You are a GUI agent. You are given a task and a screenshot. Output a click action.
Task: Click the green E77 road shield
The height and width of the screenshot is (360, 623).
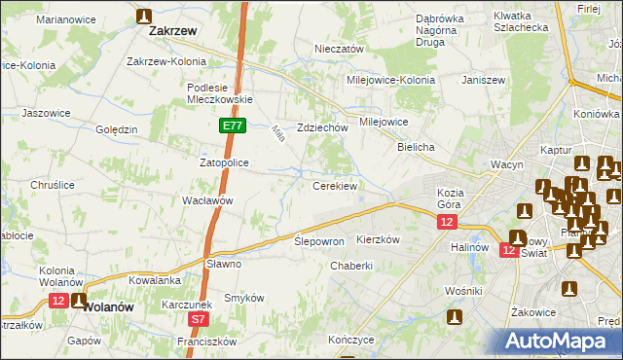232,126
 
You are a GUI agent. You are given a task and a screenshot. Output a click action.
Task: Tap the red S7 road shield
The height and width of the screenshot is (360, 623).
199,318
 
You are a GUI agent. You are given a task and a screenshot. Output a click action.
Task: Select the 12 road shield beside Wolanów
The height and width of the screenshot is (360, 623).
59,301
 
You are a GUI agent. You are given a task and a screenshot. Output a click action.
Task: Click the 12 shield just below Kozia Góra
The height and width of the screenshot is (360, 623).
446,223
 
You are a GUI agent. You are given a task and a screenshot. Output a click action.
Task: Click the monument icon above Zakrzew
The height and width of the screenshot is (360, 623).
144,16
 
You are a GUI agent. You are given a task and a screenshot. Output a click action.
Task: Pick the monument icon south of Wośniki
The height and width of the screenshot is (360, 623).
455,316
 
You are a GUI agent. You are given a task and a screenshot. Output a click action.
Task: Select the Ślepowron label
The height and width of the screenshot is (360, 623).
320,241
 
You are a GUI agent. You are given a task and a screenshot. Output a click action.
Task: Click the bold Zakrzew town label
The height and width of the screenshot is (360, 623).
173,31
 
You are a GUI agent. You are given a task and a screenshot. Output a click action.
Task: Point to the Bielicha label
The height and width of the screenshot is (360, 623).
416,146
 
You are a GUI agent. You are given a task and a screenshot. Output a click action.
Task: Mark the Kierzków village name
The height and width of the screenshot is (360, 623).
379,239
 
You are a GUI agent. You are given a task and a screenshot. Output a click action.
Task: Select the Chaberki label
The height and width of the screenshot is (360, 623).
351,266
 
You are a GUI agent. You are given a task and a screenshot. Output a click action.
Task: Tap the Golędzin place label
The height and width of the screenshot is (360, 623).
117,129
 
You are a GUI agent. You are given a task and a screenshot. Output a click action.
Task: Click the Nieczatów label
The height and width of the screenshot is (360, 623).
339,49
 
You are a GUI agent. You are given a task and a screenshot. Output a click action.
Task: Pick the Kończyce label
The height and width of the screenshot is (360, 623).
351,341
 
